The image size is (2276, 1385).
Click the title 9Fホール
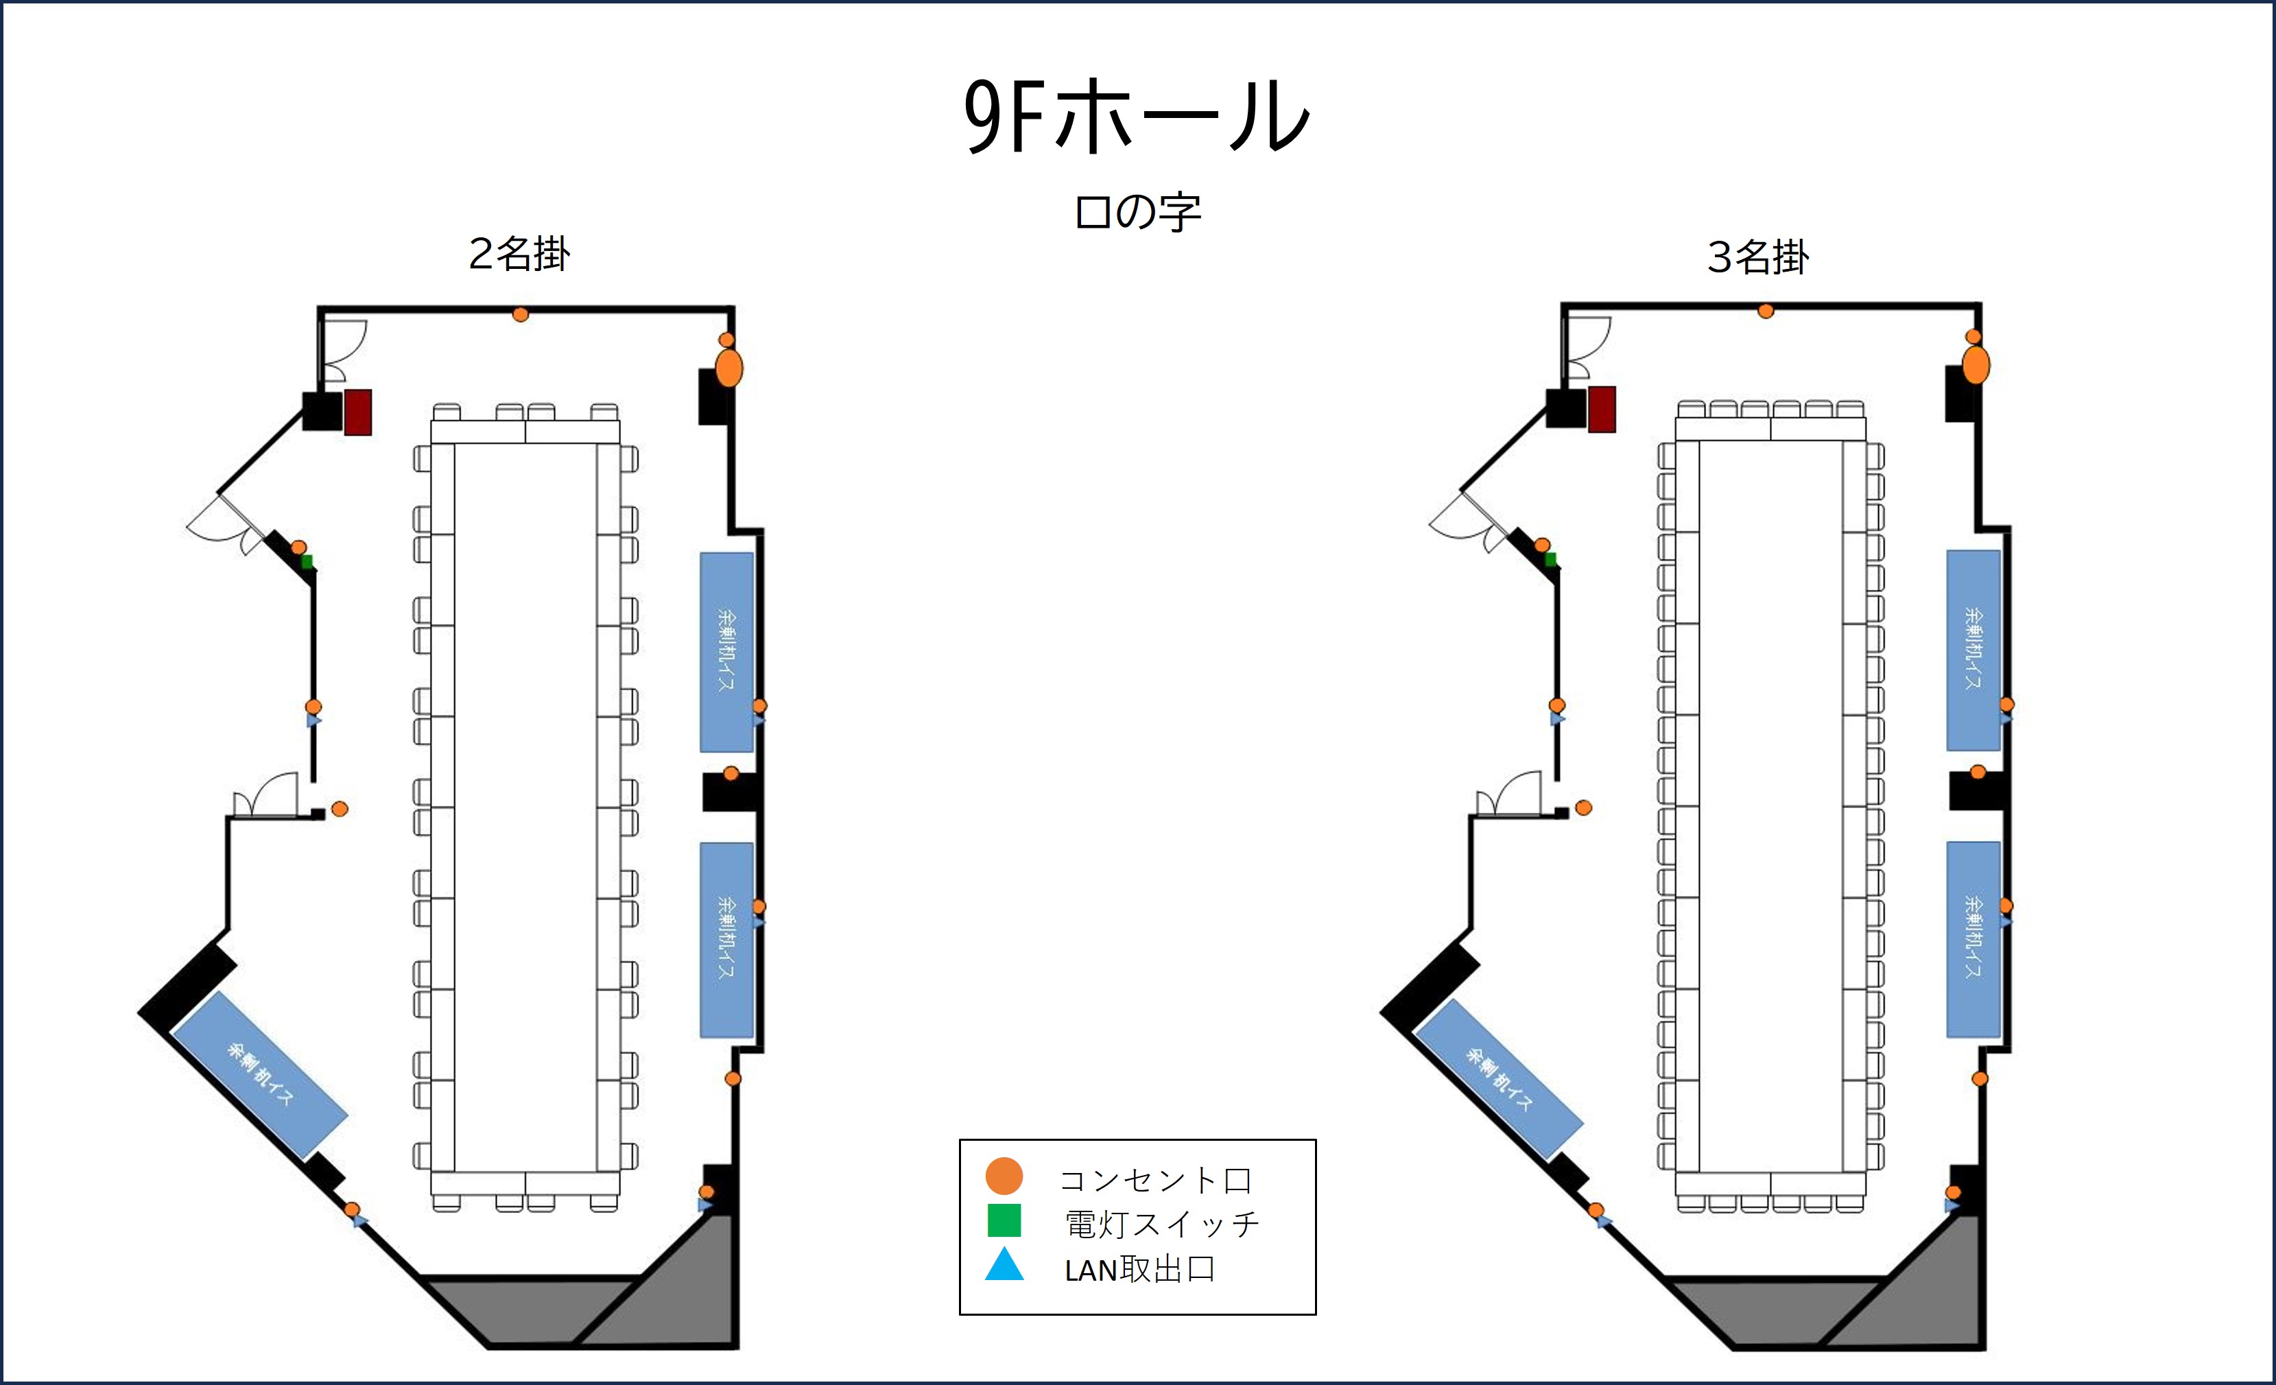click(1136, 117)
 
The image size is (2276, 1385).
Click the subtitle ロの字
click(1137, 213)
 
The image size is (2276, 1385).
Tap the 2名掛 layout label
click(519, 254)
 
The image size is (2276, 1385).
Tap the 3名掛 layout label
click(1758, 257)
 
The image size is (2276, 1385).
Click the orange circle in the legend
click(1004, 1176)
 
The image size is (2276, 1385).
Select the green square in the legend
click(1004, 1220)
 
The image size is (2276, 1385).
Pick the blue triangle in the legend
click(1004, 1265)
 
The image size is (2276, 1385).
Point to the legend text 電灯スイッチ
click(1162, 1224)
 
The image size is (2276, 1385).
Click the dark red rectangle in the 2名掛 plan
click(358, 412)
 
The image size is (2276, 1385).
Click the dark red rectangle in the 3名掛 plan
click(1602, 410)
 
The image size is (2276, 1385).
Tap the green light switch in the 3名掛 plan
click(1551, 559)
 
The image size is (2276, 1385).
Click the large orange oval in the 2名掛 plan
click(728, 368)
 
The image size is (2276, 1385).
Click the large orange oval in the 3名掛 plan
click(1976, 364)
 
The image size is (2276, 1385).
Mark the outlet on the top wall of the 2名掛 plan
click(520, 315)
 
